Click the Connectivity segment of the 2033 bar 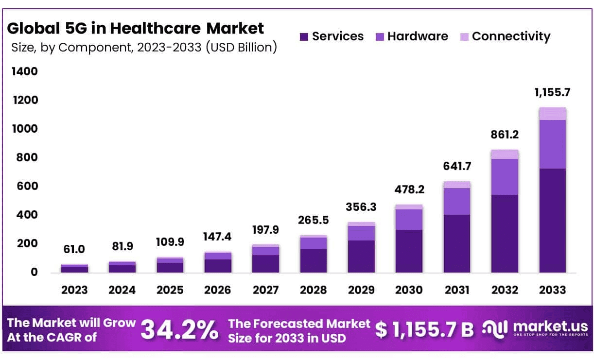553,114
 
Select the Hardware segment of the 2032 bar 505,177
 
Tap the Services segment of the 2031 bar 457,243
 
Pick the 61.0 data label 74,249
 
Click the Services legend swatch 305,37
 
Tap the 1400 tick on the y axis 24,72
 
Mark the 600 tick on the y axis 25,186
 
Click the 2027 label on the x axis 265,290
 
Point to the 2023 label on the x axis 74,290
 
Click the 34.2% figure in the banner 179,330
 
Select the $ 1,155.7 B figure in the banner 424,330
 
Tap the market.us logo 535,328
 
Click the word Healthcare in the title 155,29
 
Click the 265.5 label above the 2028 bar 314,220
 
